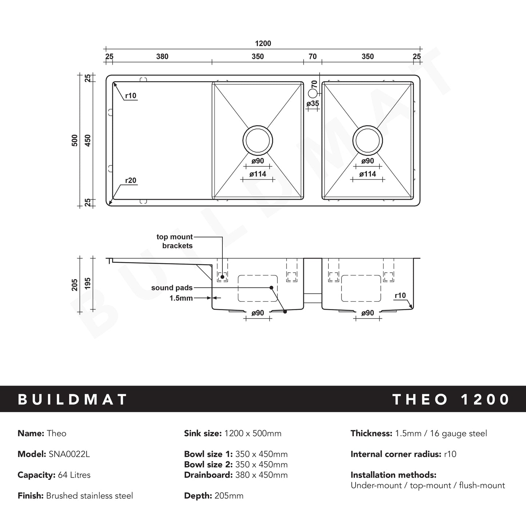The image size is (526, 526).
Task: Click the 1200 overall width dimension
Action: [263, 43]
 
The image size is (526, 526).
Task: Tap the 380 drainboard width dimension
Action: [162, 56]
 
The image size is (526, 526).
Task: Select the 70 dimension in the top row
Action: [312, 56]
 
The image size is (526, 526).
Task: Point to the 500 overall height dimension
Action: [75, 140]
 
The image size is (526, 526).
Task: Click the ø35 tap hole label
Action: [313, 103]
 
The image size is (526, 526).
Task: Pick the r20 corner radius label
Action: [131, 181]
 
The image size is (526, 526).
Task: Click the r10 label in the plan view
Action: [131, 96]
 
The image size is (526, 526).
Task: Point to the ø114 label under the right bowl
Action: [368, 174]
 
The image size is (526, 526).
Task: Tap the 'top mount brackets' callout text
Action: [175, 241]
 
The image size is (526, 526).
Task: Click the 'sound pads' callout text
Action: [172, 288]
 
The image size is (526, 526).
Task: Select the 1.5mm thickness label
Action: [181, 298]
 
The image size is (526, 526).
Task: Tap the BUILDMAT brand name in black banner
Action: [72, 399]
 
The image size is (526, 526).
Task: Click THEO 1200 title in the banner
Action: [451, 399]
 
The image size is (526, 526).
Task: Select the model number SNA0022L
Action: [69, 454]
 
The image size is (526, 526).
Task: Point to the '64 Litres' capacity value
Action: [74, 475]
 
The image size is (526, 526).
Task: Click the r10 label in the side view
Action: [400, 296]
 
